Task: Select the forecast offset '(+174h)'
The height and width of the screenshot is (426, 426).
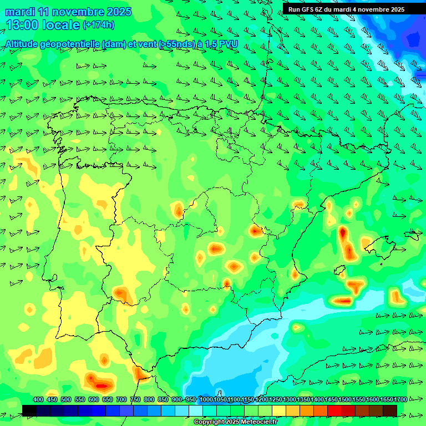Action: point(98,25)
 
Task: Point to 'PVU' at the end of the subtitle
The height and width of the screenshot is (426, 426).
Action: point(226,44)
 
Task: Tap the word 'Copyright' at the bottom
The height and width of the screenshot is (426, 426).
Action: point(210,422)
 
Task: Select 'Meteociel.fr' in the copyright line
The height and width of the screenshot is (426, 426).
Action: point(258,422)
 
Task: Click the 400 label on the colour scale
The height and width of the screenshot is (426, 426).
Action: point(38,400)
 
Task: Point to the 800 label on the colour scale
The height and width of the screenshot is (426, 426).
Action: point(149,400)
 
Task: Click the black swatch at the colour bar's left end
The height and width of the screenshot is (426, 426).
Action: point(29,410)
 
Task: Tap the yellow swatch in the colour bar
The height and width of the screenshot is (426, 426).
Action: point(279,410)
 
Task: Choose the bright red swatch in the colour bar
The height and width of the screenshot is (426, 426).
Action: point(334,410)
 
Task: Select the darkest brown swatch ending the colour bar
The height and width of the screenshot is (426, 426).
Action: point(390,410)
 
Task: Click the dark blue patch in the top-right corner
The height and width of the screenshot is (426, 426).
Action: point(413,39)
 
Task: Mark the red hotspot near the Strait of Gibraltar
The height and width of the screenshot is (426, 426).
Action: point(100,384)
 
